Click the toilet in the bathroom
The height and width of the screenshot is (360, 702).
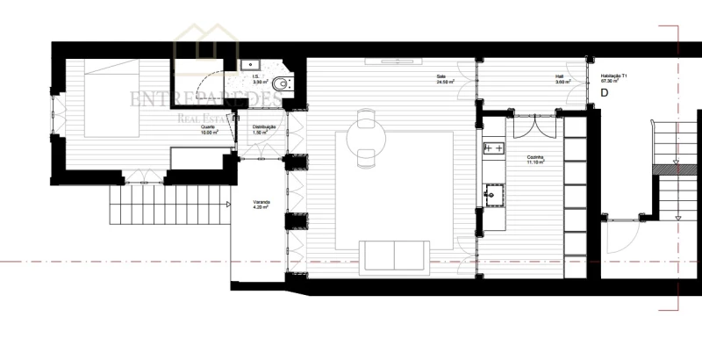pos(279,84)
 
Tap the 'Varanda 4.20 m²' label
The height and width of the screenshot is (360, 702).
pos(261,206)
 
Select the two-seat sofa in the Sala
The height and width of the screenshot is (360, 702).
pos(394,256)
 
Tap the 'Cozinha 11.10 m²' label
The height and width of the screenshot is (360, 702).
pos(536,161)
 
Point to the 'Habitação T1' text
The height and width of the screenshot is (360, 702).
pos(612,76)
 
